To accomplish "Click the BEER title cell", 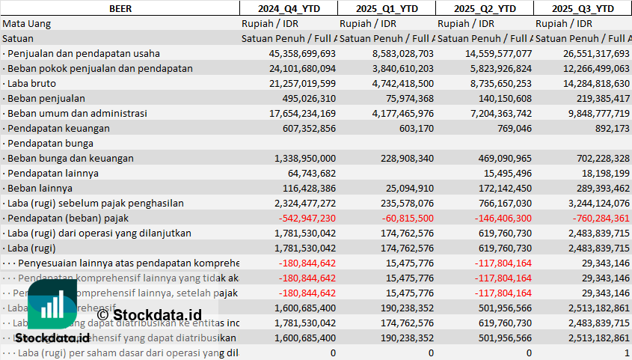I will pyautogui.click(x=120, y=8).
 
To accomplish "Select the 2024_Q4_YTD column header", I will pyautogui.click(x=288, y=8).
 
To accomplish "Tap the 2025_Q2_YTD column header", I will pyautogui.click(x=485, y=8).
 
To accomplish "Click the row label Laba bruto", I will pyautogui.click(x=29, y=83).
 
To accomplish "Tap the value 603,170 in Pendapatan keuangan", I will pyautogui.click(x=414, y=128).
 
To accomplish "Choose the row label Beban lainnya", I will pyautogui.click(x=36, y=188).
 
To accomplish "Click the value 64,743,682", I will pyautogui.click(x=310, y=173).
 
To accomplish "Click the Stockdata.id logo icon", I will pyautogui.click(x=52, y=306).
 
